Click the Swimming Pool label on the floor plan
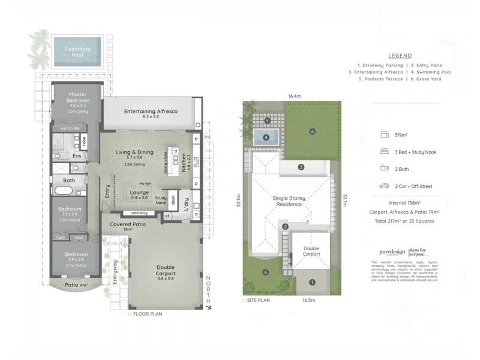click(79, 52)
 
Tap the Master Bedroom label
click(78, 97)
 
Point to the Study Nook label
click(160, 200)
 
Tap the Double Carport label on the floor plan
click(158, 271)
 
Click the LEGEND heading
click(400, 55)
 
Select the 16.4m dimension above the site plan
click(294, 96)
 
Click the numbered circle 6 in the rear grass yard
click(312, 131)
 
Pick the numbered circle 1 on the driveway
click(311, 281)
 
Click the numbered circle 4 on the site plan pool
click(266, 137)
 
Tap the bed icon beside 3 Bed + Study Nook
click(383, 152)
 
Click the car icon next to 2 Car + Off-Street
click(383, 186)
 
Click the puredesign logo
click(392, 252)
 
